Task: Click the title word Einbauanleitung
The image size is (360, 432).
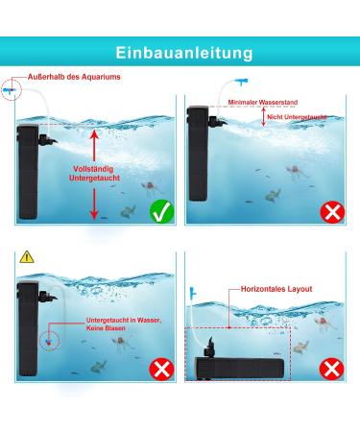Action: (x=184, y=53)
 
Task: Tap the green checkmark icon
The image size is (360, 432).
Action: (x=162, y=211)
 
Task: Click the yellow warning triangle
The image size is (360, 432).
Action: (x=27, y=257)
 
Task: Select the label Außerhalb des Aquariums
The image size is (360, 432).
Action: (x=74, y=77)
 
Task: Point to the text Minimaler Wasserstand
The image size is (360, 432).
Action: (x=263, y=103)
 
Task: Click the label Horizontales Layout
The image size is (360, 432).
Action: (x=276, y=289)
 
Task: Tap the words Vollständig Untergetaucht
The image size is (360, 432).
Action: (x=94, y=174)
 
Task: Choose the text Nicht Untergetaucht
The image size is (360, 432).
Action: (x=297, y=117)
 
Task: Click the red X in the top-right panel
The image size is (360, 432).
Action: (x=332, y=212)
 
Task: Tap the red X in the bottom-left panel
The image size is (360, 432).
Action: (x=161, y=370)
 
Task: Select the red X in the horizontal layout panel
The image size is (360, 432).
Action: (x=332, y=369)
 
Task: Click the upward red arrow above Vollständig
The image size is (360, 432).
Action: (x=94, y=146)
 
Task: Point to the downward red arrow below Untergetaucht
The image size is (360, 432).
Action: (x=94, y=204)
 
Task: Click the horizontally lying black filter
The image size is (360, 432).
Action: (x=239, y=369)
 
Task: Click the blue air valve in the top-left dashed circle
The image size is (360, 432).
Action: (x=9, y=90)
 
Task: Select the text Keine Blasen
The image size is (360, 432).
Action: (x=106, y=328)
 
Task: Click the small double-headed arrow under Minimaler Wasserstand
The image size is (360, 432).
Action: (x=263, y=116)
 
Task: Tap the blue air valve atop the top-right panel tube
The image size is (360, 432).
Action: (x=242, y=82)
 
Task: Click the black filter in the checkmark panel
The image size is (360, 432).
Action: (x=28, y=172)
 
